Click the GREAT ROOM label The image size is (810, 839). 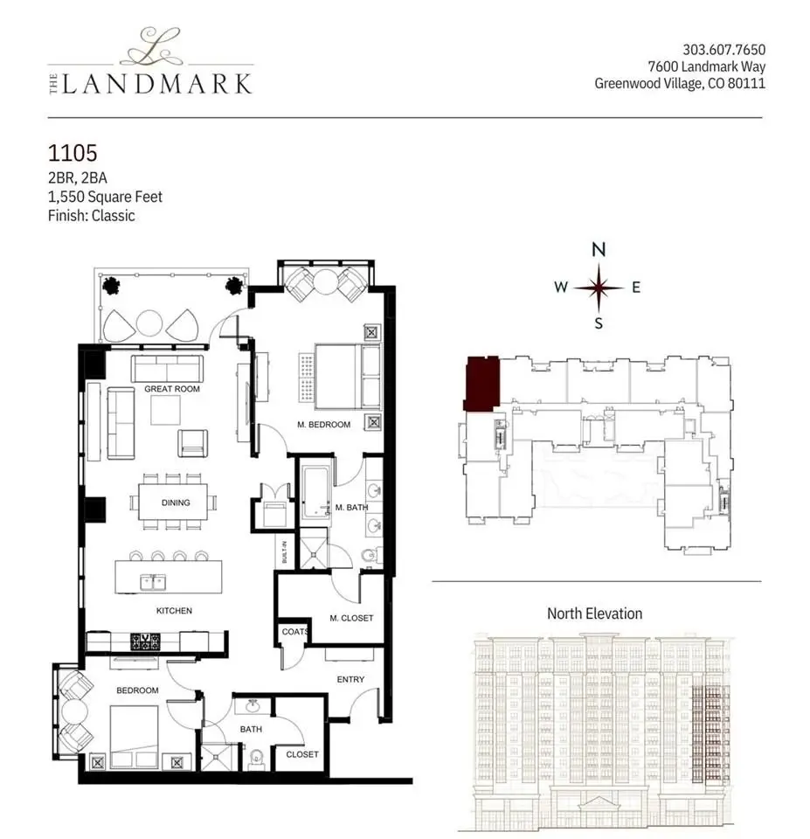click(172, 389)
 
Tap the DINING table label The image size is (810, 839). click(176, 503)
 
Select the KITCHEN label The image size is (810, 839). click(174, 611)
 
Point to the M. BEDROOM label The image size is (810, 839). click(323, 425)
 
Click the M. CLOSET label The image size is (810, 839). click(351, 618)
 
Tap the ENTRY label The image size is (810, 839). click(350, 679)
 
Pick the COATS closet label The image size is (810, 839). click(294, 632)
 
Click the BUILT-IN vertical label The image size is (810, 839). click(284, 551)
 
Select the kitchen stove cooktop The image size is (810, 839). click(146, 641)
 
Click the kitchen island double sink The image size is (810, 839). click(153, 582)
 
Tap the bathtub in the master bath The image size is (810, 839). click(316, 492)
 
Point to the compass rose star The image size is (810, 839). click(599, 288)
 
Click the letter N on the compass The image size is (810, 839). click(599, 249)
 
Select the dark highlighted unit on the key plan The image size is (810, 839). click(482, 384)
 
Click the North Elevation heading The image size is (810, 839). click(594, 614)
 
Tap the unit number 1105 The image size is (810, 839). click(73, 153)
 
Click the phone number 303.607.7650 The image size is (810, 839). click(723, 50)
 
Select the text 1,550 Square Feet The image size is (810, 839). click(105, 197)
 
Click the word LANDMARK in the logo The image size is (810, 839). click(156, 84)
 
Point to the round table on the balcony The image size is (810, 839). click(149, 323)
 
